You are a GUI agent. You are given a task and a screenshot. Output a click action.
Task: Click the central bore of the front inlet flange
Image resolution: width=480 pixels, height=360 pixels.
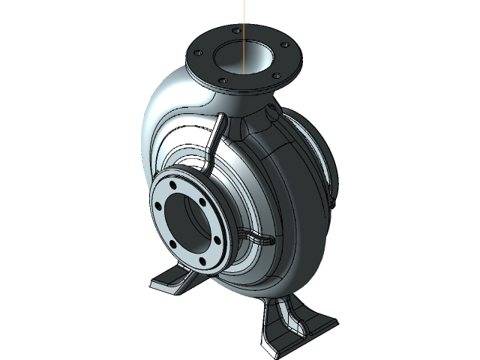click(x=184, y=220)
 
